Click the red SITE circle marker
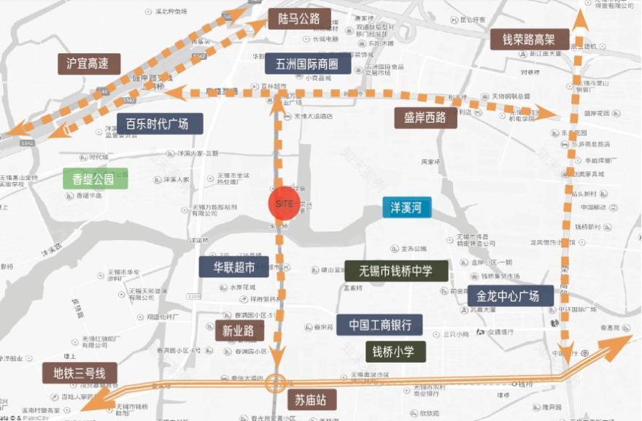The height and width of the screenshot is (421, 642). (283, 204)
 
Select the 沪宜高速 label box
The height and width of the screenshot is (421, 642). (88, 63)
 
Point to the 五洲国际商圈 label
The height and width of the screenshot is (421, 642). (308, 64)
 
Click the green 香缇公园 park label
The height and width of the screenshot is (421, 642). (95, 178)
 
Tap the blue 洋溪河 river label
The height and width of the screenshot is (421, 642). (407, 209)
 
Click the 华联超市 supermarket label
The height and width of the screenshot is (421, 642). (233, 266)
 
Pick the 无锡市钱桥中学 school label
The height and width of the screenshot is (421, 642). (396, 271)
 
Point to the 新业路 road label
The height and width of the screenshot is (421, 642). (239, 331)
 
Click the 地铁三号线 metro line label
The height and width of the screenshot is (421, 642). (80, 373)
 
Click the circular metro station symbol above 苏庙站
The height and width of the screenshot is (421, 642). (276, 382)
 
